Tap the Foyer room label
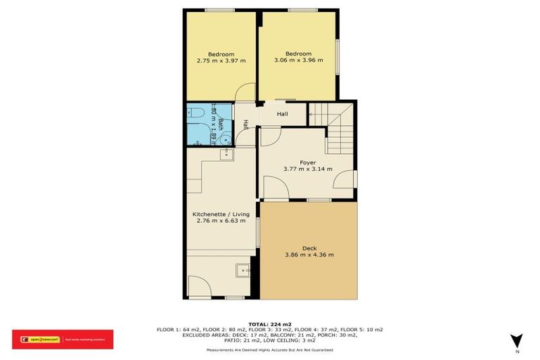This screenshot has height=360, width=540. point(307,162)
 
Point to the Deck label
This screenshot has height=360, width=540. point(309,247)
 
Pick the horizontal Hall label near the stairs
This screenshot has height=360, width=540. point(282,113)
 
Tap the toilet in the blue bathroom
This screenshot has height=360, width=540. point(197,112)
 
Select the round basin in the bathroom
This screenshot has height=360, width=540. point(225,139)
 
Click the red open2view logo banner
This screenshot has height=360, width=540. point(63,340)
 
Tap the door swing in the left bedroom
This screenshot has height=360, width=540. point(244,94)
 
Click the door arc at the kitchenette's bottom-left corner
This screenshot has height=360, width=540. point(199,285)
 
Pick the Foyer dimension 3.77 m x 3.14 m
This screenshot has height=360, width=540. point(307,169)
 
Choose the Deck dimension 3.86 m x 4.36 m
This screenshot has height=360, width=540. point(309,255)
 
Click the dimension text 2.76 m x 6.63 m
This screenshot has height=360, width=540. point(221,220)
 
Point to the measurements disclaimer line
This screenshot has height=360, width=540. point(269,350)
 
